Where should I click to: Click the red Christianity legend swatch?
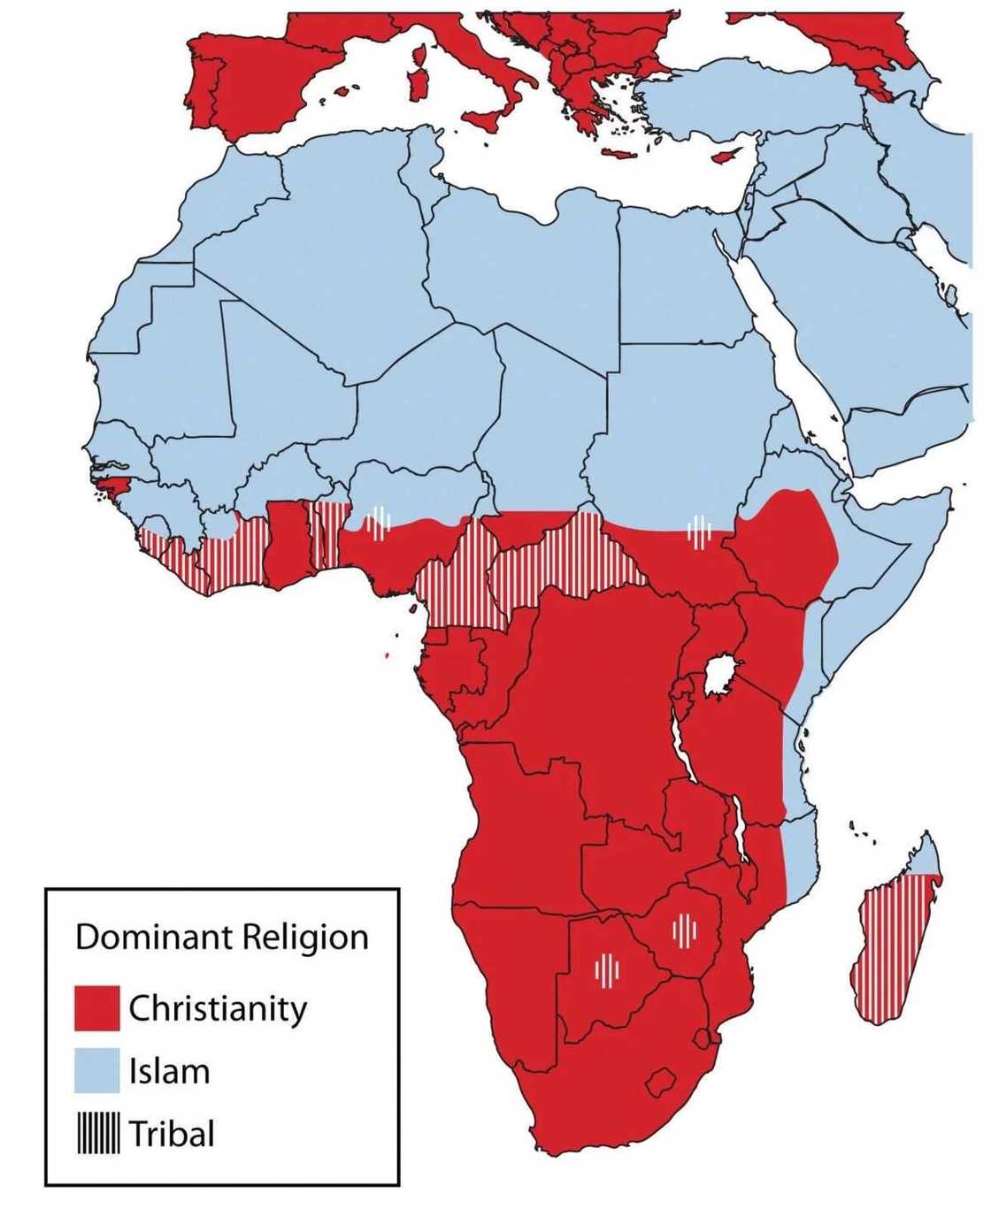point(96,1008)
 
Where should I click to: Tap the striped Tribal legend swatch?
point(97,1133)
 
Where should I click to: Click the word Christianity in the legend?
point(218,1008)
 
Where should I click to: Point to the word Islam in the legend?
point(169,1071)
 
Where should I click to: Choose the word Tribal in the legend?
point(172,1133)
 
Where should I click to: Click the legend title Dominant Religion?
point(221,937)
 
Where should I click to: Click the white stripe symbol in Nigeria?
point(379,522)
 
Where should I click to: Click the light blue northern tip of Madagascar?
point(925,856)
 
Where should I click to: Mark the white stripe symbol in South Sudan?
point(699,532)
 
